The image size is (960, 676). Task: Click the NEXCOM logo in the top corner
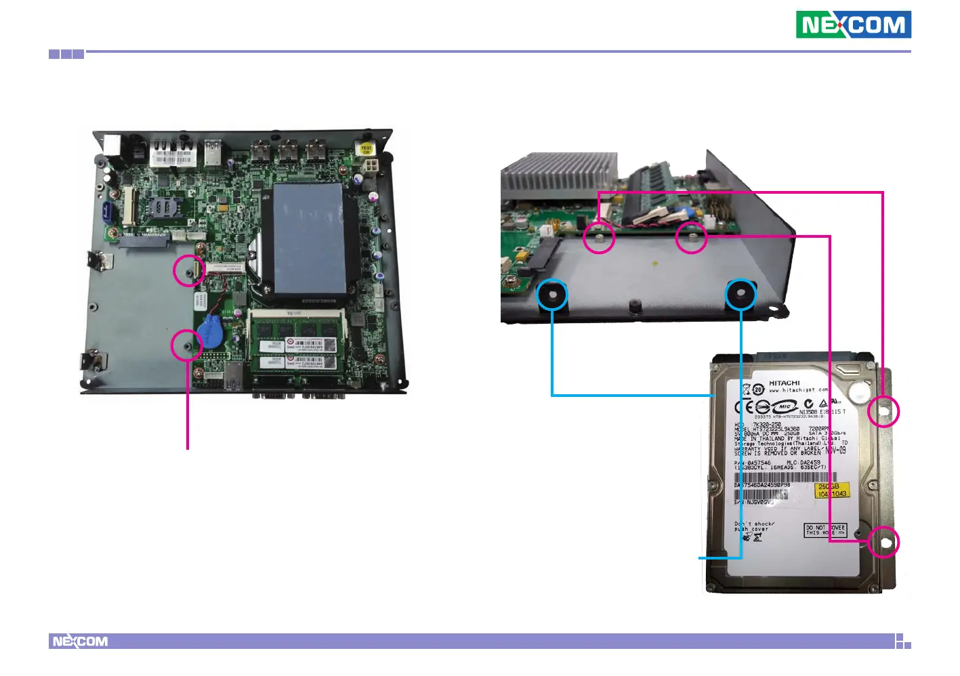(853, 25)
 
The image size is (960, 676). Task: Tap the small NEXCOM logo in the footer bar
(80, 641)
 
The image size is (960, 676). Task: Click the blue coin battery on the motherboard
(211, 333)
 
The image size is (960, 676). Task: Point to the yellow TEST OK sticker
(366, 149)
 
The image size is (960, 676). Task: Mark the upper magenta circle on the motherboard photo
(188, 270)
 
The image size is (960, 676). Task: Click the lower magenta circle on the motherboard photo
(186, 345)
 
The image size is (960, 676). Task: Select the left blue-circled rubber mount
(552, 295)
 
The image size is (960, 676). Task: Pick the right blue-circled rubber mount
(740, 295)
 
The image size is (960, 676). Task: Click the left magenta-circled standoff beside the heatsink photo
(599, 238)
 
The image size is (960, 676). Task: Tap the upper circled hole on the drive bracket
(883, 411)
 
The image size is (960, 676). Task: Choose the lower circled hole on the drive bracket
(883, 542)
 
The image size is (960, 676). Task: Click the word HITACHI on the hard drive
(784, 383)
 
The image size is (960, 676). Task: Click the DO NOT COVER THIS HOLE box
(825, 530)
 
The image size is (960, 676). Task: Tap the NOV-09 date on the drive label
(835, 450)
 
